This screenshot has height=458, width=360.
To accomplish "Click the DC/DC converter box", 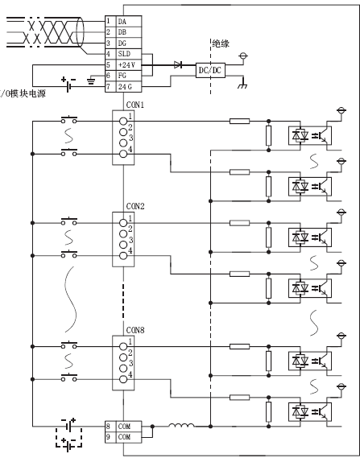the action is (x=210, y=70).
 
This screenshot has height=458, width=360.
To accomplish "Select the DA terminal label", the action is (x=122, y=21).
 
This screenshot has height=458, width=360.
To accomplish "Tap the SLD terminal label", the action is (x=124, y=54).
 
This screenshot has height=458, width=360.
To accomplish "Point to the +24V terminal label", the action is (x=126, y=65).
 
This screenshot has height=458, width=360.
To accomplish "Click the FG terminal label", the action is (x=122, y=76).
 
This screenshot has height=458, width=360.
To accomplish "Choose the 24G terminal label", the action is (x=125, y=87).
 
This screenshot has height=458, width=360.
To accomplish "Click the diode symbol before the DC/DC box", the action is (x=178, y=64).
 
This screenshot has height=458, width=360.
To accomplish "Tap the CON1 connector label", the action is (x=135, y=105).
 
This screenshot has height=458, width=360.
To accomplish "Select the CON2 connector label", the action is (x=135, y=206).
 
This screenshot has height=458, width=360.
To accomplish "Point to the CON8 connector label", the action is (x=135, y=330).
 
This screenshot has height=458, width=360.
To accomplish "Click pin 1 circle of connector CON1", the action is (x=123, y=122).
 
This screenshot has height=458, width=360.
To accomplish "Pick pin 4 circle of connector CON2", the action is (x=123, y=256).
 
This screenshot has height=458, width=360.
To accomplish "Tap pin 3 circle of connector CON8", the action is (x=123, y=368).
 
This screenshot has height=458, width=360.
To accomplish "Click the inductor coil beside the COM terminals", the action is (x=181, y=425).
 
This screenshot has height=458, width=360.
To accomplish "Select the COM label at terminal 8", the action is (x=124, y=427).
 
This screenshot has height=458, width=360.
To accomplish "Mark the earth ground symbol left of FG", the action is (x=91, y=81).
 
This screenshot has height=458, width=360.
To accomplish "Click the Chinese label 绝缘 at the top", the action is (x=221, y=43).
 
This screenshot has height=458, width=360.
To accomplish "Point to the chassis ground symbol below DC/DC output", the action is (x=243, y=85).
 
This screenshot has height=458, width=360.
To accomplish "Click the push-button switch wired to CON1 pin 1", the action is (x=69, y=119).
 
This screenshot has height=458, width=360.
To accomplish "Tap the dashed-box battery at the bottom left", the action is (x=69, y=438).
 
